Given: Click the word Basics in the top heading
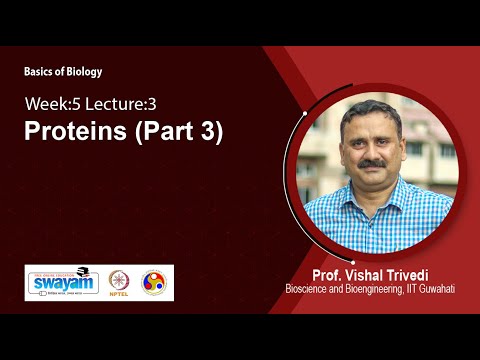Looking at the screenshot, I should pos(42,72).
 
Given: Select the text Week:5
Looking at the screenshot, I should pos(54,103).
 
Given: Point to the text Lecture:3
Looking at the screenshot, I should pos(121,103).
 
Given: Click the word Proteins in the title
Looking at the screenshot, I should pos(75,133).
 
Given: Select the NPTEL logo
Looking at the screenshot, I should pos(120,283).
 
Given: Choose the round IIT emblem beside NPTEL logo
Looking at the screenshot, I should pos(155,283).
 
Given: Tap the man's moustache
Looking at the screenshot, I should pos(372,164).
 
